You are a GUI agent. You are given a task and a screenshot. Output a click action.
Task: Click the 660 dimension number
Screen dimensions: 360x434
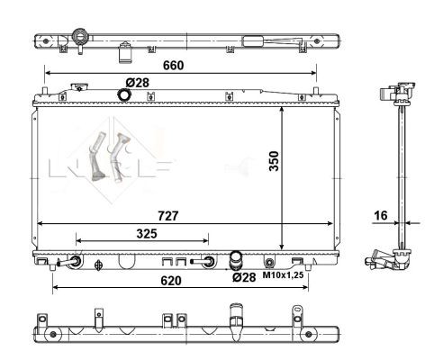tap(173, 66)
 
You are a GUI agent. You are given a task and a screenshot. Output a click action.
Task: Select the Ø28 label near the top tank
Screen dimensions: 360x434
tap(137, 83)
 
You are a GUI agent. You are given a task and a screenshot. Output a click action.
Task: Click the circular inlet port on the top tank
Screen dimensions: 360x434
tap(123, 94)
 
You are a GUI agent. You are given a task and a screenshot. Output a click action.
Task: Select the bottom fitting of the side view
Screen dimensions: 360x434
tap(387, 260)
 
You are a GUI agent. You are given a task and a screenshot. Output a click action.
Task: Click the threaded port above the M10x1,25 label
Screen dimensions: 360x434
tap(268, 262)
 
